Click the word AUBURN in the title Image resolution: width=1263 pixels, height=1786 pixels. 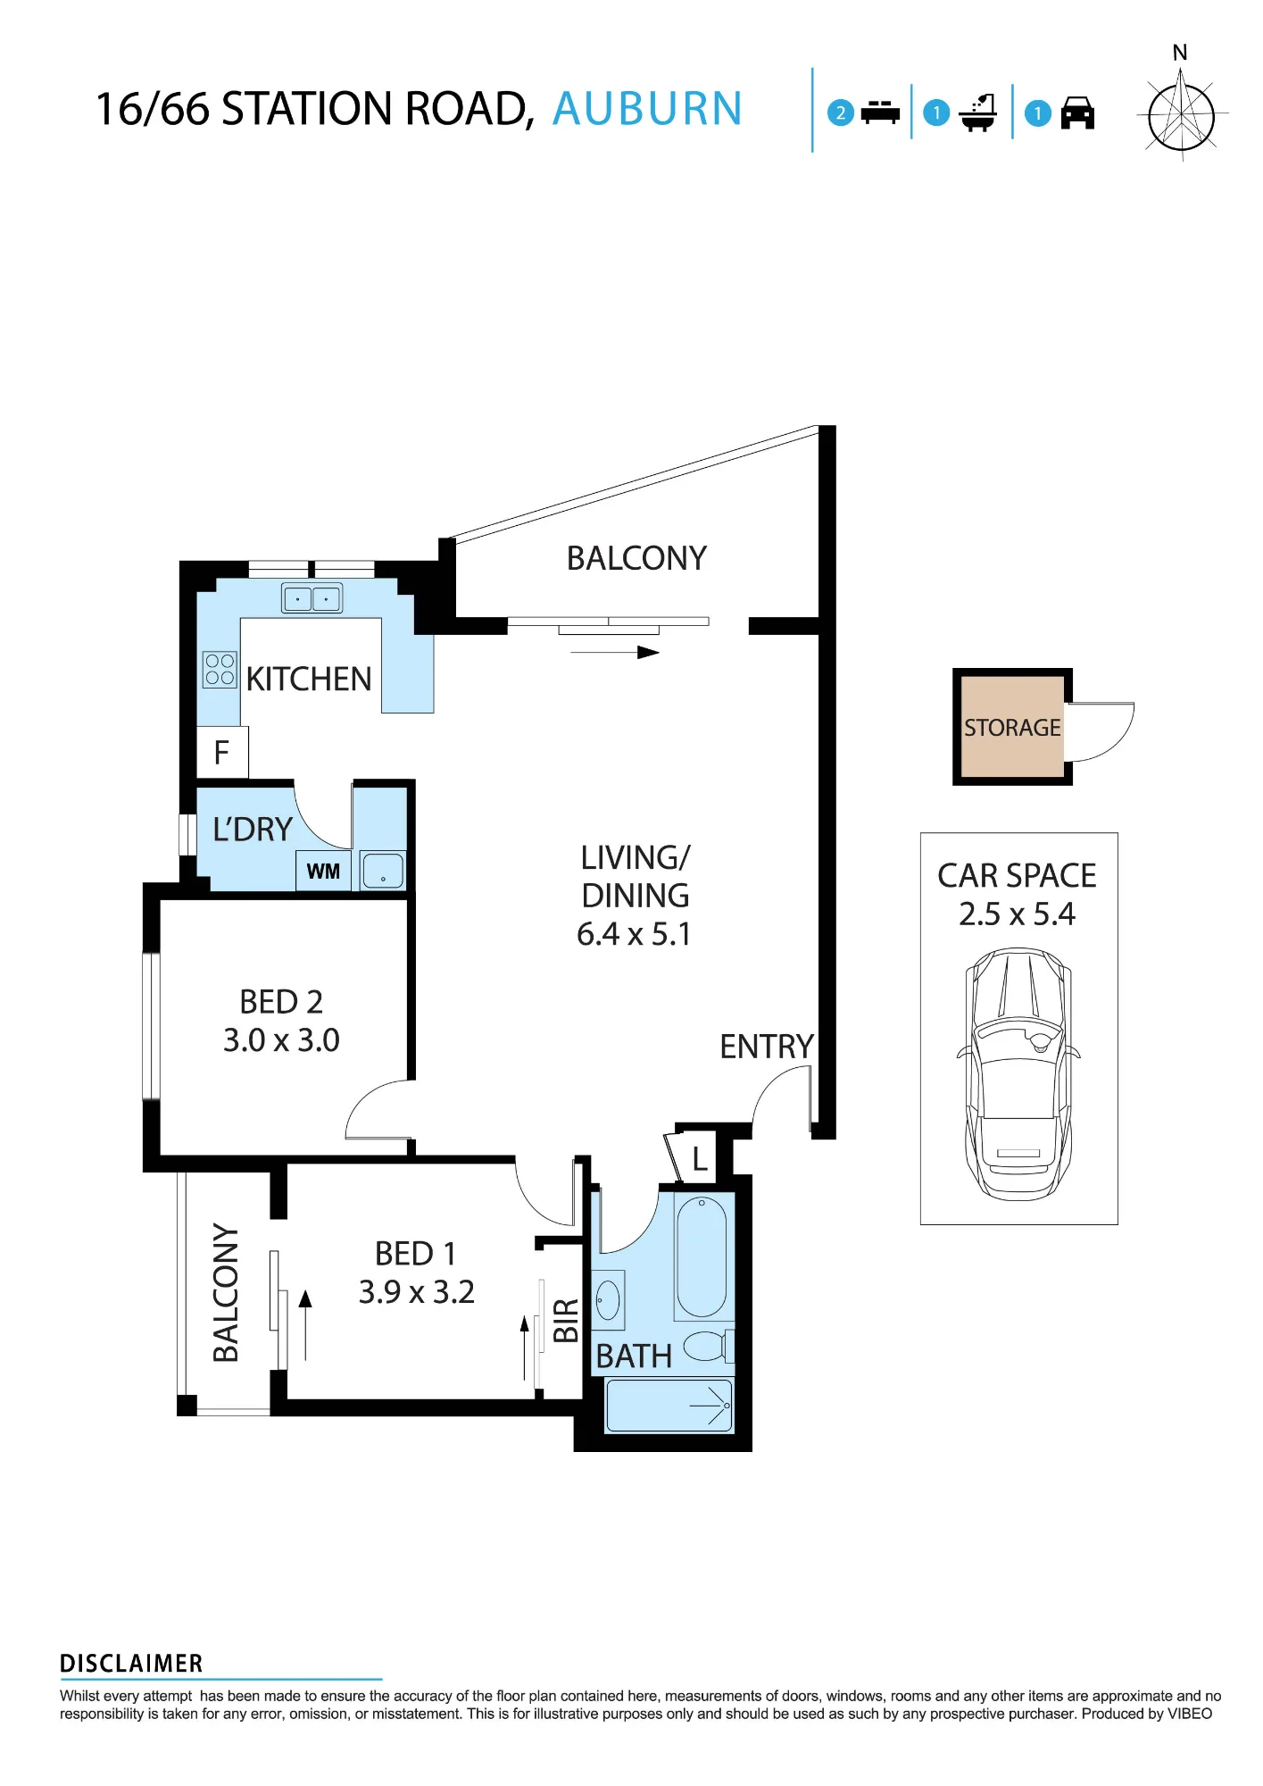[x=647, y=109]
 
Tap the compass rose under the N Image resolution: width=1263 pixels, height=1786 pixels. [x=1181, y=115]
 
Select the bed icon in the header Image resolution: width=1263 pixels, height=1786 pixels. [x=880, y=113]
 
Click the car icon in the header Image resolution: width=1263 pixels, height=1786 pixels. [x=1077, y=113]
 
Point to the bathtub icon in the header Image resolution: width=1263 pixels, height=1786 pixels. [x=978, y=113]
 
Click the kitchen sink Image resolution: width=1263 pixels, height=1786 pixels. [x=312, y=597]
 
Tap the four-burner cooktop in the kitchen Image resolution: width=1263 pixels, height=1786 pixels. [x=220, y=670]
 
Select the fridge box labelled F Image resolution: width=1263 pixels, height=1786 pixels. [x=222, y=752]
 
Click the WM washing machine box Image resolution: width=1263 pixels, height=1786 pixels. [x=323, y=871]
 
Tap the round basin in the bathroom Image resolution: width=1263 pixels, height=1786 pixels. [x=608, y=1299]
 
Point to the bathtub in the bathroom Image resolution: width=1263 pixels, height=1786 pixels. [x=702, y=1256]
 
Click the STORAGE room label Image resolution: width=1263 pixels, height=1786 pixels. [x=1012, y=728]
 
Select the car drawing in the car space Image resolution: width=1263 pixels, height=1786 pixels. [x=1018, y=1073]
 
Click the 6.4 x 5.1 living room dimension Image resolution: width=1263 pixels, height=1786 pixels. [x=634, y=934]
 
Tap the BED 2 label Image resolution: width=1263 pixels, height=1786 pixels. [x=281, y=1002]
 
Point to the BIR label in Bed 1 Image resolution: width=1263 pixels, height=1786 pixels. [x=566, y=1321]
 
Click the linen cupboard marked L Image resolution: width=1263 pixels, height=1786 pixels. [x=700, y=1159]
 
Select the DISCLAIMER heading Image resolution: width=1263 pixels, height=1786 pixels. [x=131, y=1664]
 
